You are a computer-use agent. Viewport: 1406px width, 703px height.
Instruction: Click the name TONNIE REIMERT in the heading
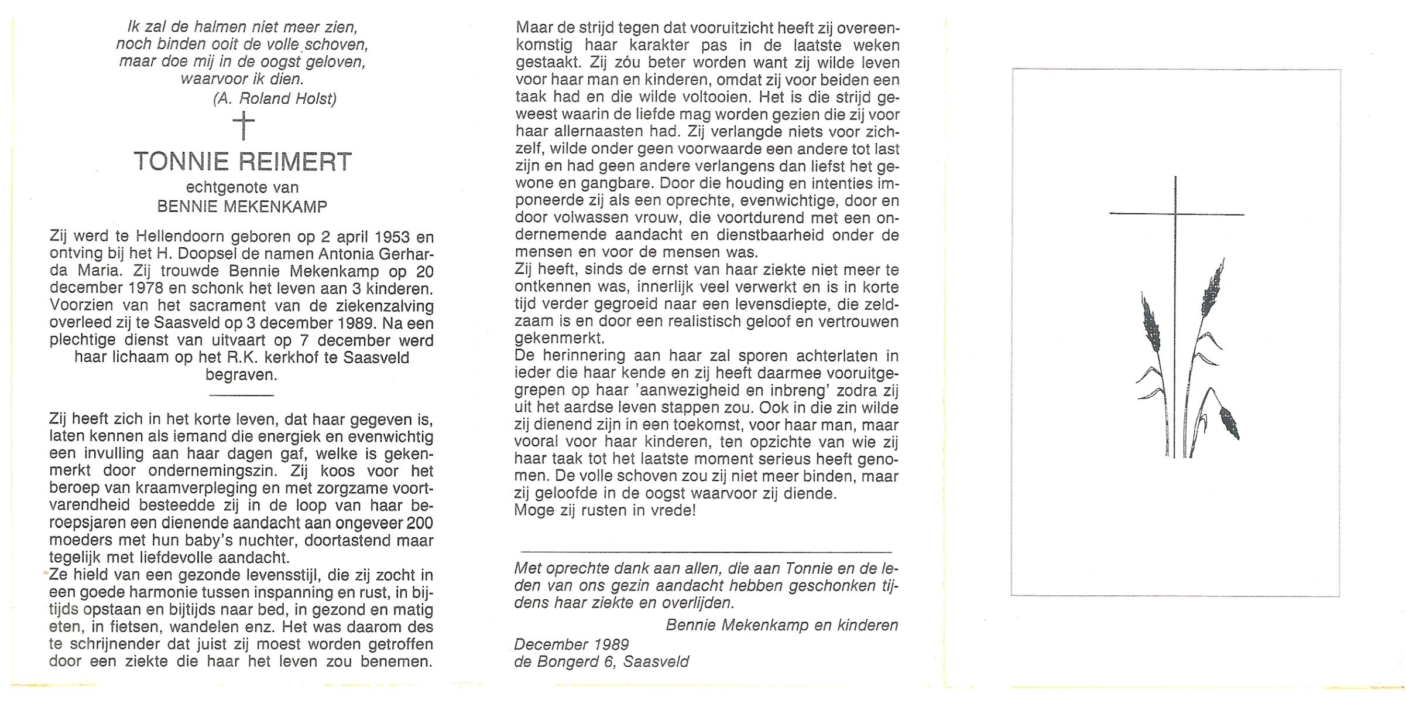point(242,162)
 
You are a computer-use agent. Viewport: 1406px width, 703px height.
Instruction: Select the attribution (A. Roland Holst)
point(275,98)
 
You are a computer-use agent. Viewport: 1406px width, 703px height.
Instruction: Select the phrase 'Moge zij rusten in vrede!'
point(605,510)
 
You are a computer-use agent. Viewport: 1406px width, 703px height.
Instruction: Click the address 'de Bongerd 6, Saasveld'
point(601,662)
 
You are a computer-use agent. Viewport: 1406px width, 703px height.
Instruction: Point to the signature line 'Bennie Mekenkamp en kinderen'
point(781,625)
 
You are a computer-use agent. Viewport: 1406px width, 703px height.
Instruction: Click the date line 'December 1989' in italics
point(571,644)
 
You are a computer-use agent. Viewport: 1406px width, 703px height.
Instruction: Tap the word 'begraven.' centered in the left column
point(241,375)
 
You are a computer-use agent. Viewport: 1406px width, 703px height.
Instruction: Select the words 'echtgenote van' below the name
point(242,187)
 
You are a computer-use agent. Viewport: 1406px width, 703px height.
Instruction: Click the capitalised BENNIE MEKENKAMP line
point(242,206)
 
